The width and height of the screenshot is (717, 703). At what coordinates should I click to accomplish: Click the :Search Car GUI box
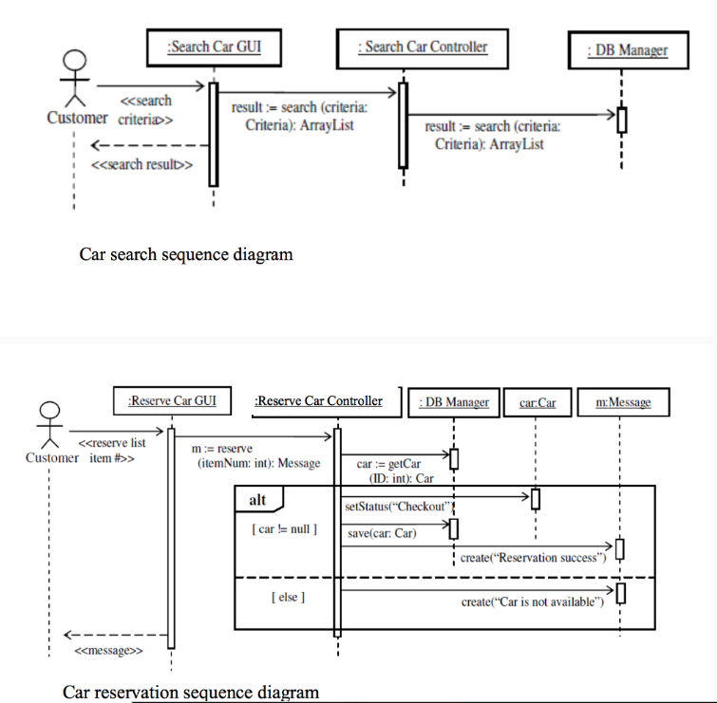214,47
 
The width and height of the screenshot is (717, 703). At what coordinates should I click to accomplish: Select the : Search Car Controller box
423,47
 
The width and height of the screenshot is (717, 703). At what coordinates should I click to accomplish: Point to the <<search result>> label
142,164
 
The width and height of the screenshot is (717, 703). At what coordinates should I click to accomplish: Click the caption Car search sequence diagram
186,254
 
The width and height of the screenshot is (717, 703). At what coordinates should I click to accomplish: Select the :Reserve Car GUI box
172,401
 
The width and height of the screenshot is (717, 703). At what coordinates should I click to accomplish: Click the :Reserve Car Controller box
318,401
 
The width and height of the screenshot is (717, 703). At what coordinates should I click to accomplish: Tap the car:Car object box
538,402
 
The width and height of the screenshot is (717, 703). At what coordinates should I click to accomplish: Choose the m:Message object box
623,402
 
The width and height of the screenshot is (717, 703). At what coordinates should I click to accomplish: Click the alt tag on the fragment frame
257,500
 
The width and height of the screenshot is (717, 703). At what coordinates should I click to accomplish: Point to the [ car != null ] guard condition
287,528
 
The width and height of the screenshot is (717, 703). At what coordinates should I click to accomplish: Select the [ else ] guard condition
287,598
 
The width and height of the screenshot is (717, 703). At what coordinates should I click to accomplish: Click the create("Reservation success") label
533,558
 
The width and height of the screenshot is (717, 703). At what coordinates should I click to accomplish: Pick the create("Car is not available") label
533,602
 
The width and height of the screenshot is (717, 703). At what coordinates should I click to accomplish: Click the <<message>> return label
108,651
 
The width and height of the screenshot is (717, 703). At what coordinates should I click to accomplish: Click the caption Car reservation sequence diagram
191,692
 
